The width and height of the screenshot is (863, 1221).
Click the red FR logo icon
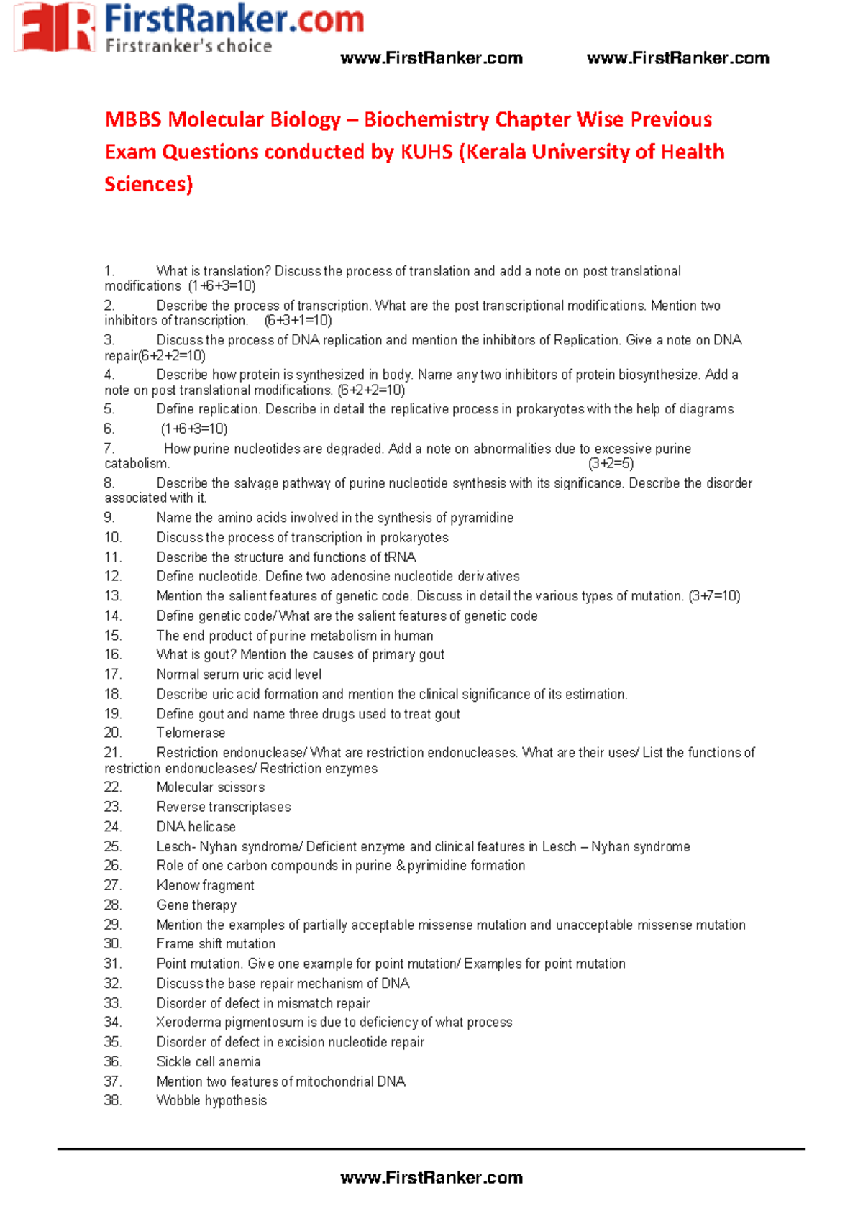[x=55, y=27]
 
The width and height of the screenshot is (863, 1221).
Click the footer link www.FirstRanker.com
[x=431, y=1177]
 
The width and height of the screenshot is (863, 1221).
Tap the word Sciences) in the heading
[x=149, y=184]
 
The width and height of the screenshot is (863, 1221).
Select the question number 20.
[x=113, y=733]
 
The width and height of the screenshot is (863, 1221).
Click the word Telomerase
[x=191, y=733]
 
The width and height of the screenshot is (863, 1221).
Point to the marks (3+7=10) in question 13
[x=714, y=596]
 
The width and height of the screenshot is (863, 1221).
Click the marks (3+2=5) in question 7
[x=611, y=463]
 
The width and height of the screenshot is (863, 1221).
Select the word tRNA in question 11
[x=400, y=557]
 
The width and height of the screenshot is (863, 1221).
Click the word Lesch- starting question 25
[x=175, y=846]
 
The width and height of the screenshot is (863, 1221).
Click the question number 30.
[x=113, y=943]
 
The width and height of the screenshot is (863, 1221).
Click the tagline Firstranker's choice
[x=188, y=47]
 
